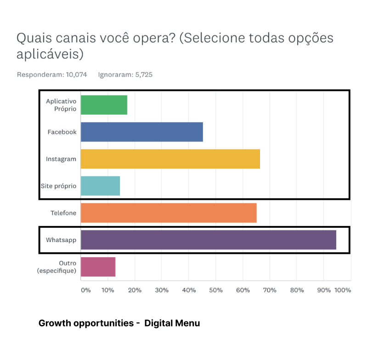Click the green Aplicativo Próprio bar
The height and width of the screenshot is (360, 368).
point(104,105)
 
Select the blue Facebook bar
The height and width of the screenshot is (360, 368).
point(142,132)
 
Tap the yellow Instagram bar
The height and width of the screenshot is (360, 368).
point(170,159)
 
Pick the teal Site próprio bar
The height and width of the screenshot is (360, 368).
point(100,186)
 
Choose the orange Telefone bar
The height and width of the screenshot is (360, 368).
point(169,213)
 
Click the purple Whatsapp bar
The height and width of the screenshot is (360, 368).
point(209,240)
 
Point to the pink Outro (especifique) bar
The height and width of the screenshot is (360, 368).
point(98,267)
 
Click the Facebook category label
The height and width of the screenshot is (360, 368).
point(62,132)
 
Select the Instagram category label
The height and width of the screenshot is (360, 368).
point(61,159)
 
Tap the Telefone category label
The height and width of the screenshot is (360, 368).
point(63,213)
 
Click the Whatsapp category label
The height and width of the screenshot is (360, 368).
point(61,240)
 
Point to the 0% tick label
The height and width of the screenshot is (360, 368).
point(85,290)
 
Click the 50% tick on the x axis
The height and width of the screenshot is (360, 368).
point(215,290)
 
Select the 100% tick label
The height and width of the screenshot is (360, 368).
point(343,290)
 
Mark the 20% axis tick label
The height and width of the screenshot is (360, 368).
point(135,290)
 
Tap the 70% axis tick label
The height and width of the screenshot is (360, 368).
point(270,290)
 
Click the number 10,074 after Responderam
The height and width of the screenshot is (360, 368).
point(76,74)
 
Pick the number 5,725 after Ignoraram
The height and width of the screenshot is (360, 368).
point(144,74)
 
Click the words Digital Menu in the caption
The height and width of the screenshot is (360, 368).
point(172,323)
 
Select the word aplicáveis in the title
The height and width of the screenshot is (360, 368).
point(50,54)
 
